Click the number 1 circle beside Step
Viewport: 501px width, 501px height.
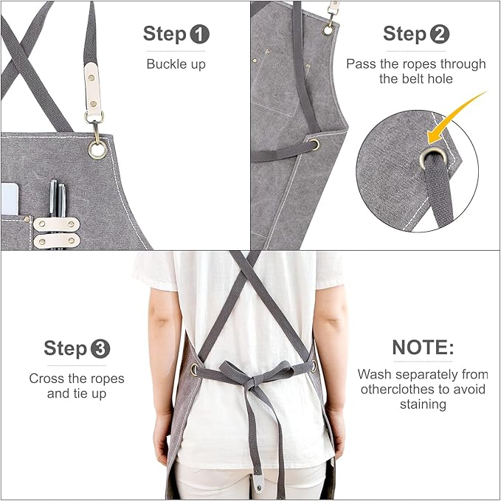point(200,33)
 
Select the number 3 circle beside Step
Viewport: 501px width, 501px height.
point(100,348)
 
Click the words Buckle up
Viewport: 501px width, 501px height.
point(176,63)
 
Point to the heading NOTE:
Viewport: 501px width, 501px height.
point(423,348)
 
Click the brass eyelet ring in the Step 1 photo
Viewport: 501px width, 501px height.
point(97,150)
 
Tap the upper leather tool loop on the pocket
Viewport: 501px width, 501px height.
point(53,224)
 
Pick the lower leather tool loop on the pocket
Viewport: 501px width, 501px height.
point(53,240)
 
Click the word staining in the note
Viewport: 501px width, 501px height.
point(422,404)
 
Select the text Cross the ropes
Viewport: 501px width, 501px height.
point(77,379)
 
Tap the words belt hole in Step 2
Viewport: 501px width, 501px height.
point(415,79)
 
